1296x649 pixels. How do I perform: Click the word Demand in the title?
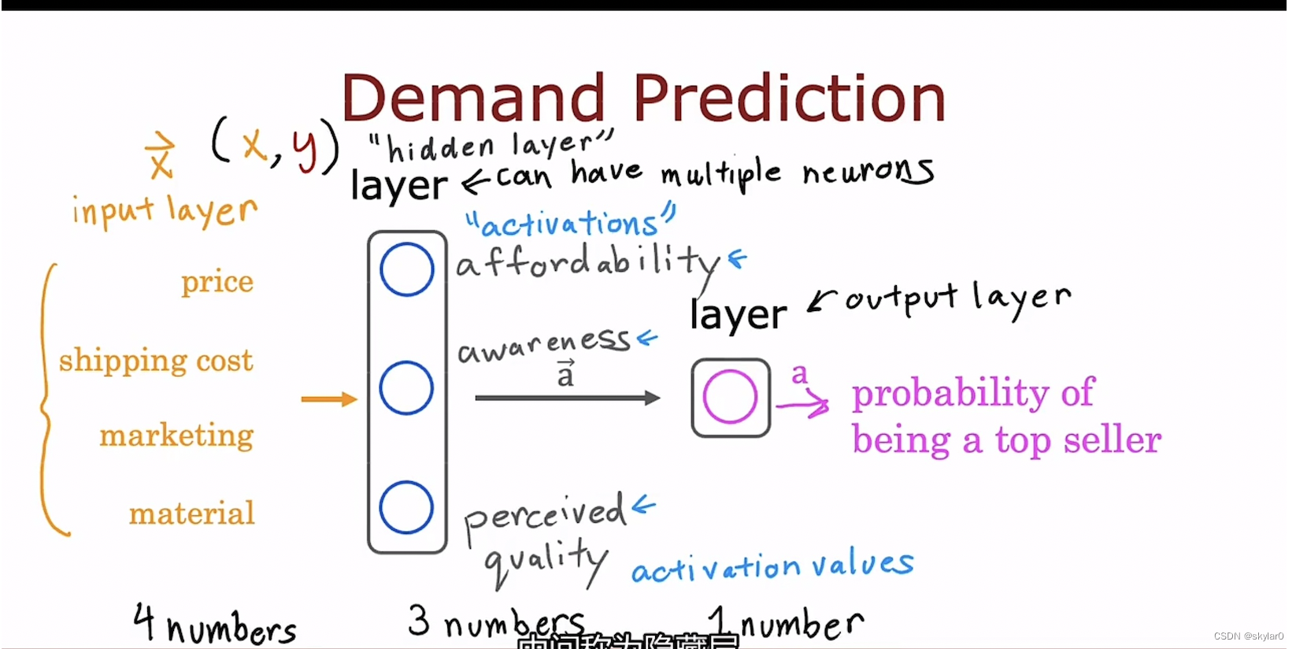473,98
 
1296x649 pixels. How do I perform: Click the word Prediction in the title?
789,98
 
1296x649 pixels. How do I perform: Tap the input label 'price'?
217,282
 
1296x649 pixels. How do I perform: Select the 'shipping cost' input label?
156,361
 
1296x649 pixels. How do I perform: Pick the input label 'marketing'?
176,436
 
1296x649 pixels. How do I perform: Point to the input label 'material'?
191,514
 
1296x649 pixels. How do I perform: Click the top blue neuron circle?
406,269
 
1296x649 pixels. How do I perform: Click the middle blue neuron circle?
406,388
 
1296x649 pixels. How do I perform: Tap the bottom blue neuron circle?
406,507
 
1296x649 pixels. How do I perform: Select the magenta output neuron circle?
730,397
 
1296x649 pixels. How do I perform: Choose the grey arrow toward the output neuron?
567,398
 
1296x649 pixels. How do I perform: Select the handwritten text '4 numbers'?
214,625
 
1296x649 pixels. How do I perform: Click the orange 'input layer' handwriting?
165,211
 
